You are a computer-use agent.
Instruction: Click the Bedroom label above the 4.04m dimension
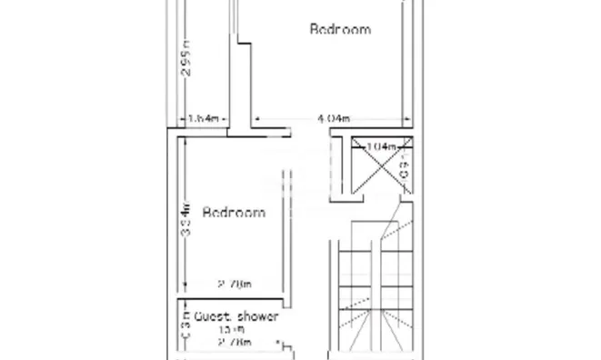click(x=340, y=29)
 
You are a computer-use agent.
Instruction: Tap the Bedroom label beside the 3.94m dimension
click(x=234, y=213)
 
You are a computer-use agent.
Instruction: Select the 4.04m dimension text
click(x=334, y=118)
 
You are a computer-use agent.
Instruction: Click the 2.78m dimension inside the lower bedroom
click(x=234, y=285)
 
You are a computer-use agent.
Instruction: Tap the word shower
click(x=257, y=316)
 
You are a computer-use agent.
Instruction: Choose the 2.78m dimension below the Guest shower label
click(x=234, y=343)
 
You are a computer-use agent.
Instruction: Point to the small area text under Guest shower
click(x=234, y=329)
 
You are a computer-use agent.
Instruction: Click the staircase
click(x=373, y=291)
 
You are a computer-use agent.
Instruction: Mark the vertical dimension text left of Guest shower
click(x=184, y=329)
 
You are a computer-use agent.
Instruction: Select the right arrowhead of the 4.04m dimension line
click(x=400, y=118)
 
